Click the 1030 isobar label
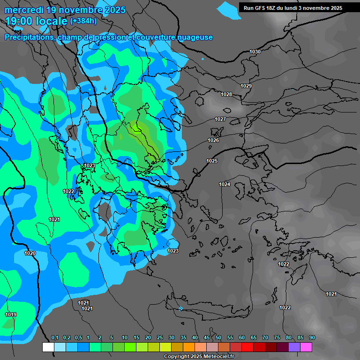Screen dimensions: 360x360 point(255,52)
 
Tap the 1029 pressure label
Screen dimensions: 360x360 point(246,86)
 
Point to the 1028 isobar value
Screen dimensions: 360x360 point(226,94)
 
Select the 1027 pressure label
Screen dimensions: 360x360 point(220,119)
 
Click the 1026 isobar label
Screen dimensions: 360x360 point(213,140)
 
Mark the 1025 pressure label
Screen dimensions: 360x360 point(212,161)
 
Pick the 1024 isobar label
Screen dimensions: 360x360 point(225,184)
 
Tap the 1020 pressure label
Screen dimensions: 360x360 point(30,253)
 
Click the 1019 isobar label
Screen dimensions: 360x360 point(11,315)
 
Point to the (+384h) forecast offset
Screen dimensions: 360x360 point(83,21)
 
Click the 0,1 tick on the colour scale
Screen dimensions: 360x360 point(54,338)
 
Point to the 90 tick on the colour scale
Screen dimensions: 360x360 point(312,338)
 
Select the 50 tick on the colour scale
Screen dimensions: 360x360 point(218,338)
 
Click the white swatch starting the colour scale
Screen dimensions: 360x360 point(48,347)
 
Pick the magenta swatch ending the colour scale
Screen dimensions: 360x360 point(306,347)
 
